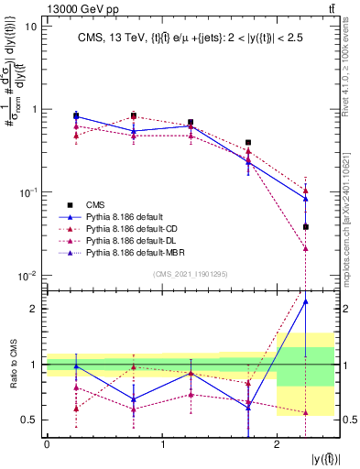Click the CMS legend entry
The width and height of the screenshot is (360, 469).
pyautogui.click(x=93, y=204)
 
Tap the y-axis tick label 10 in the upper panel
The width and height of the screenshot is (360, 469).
pyautogui.click(x=30, y=27)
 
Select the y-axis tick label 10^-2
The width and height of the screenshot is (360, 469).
pyautogui.click(x=27, y=275)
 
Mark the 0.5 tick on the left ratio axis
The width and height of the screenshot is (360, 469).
pyautogui.click(x=29, y=420)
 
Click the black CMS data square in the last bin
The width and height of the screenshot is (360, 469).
pyautogui.click(x=305, y=226)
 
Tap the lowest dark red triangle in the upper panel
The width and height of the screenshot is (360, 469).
pyautogui.click(x=305, y=248)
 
